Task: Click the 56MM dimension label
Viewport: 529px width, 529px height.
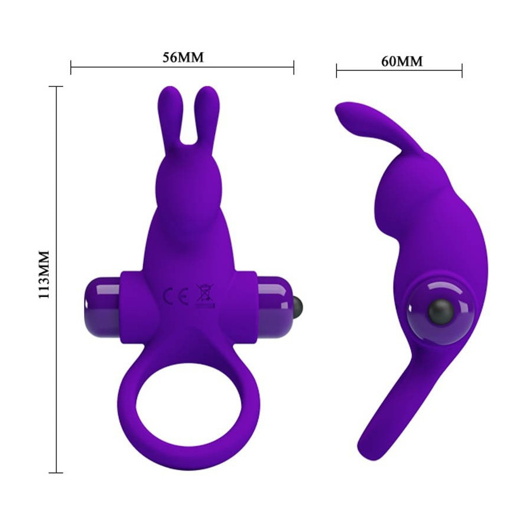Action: tap(183, 58)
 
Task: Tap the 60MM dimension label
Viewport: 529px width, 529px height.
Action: tap(402, 61)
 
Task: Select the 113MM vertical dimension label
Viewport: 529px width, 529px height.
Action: tap(44, 274)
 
